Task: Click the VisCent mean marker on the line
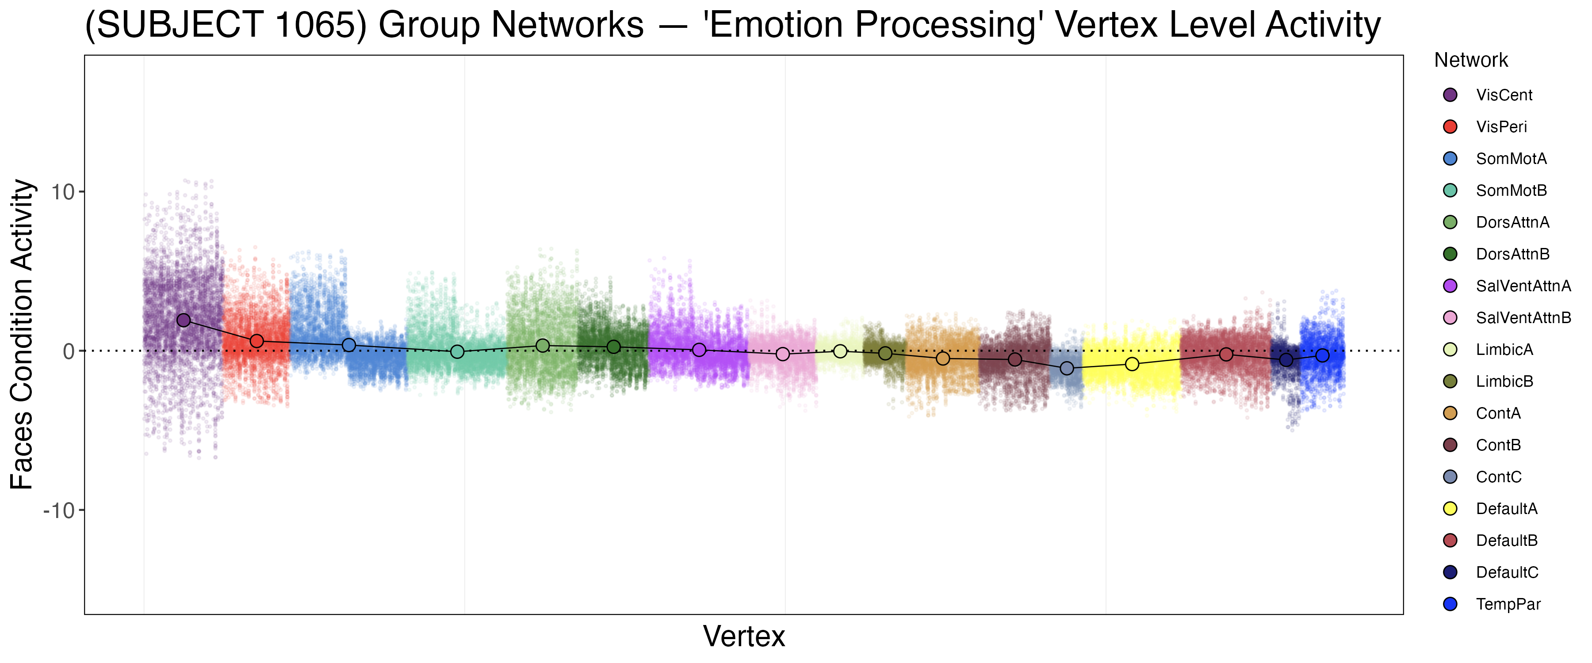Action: tap(184, 320)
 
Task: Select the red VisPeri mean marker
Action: tap(257, 341)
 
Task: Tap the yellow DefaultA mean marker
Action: tap(1132, 364)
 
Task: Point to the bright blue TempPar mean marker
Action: tap(1323, 355)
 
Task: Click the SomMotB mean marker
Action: tap(457, 351)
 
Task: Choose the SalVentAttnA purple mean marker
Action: tap(699, 350)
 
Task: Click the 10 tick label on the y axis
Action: tap(62, 192)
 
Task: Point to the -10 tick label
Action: tap(59, 511)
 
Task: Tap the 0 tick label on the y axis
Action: tap(69, 351)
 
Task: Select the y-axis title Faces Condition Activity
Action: tap(22, 334)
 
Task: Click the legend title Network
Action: tap(1471, 61)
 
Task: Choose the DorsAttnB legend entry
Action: tap(1512, 254)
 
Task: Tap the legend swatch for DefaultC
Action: tap(1450, 572)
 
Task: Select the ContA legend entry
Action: tap(1498, 413)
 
